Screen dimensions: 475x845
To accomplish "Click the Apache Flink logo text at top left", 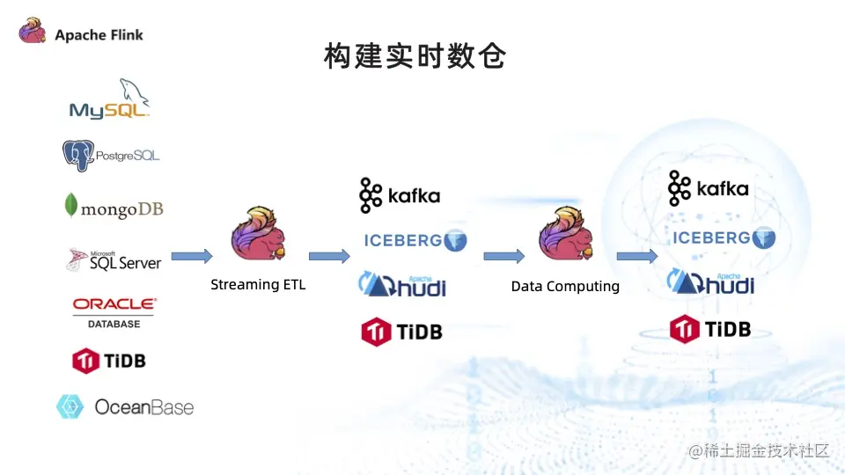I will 98,35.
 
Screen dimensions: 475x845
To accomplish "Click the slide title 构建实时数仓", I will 415,57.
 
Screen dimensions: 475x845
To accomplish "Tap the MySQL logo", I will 110,99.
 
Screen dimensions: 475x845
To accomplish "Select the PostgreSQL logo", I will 111,156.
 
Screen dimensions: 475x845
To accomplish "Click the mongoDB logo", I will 114,208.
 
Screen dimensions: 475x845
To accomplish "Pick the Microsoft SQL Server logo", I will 114,259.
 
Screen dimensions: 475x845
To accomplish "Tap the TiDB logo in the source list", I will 109,360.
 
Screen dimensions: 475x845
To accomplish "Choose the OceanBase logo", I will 125,406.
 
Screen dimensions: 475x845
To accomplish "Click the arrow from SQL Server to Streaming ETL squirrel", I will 191,256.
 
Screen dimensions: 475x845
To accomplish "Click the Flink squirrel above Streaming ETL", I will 258,234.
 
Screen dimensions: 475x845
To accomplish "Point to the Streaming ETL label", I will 258,284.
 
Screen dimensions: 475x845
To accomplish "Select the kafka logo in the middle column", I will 400,195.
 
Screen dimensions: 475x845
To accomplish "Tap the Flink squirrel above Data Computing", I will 565,234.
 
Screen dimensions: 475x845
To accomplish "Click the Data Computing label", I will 565,286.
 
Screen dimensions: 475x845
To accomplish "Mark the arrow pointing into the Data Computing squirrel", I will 503,256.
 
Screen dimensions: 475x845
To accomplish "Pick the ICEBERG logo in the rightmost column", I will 724,237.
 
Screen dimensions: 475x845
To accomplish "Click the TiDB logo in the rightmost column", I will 710,329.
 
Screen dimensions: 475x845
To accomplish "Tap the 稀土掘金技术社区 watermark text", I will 760,450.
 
